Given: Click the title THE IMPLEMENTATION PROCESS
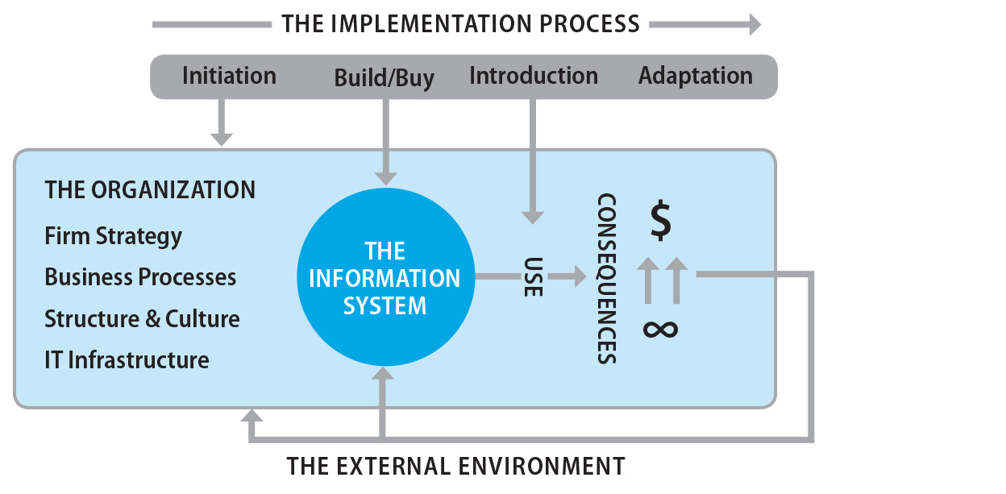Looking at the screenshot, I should click(x=460, y=23).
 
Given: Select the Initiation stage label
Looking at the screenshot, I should click(x=229, y=76).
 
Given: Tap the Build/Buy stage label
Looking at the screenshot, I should click(x=384, y=78).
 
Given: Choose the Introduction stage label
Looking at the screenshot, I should click(x=533, y=76).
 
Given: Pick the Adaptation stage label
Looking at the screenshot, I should click(x=695, y=76).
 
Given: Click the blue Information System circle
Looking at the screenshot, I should click(x=385, y=278).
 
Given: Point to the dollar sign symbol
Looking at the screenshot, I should click(x=660, y=222).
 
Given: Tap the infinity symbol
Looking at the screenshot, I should click(x=660, y=329).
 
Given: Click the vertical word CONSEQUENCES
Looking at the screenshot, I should click(x=607, y=279).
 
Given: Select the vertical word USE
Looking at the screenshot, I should click(x=533, y=277).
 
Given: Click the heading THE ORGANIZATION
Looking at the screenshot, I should click(x=150, y=190).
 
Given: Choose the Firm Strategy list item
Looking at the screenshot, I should click(x=113, y=236).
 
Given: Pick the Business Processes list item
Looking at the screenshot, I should click(x=140, y=277).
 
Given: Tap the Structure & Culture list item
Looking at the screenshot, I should click(x=142, y=318).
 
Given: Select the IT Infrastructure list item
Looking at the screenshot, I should click(x=127, y=359).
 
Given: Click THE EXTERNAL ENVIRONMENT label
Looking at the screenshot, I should click(x=455, y=466).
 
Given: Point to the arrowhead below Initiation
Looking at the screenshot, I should click(x=221, y=138).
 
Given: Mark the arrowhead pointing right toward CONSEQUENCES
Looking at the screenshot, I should click(x=579, y=277).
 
